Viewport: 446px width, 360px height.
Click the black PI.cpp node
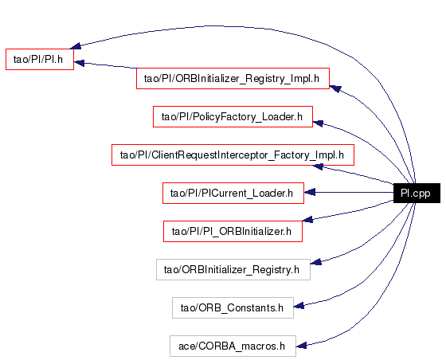pos(417,193)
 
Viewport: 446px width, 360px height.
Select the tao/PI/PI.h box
pos(40,59)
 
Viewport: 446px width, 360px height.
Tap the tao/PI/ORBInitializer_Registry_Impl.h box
pos(233,79)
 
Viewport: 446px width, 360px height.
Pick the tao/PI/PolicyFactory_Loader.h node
pos(233,116)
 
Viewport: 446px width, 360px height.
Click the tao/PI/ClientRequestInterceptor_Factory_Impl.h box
pos(233,155)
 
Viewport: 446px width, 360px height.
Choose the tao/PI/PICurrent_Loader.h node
pos(233,193)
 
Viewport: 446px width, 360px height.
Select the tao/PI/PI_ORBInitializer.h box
pos(233,232)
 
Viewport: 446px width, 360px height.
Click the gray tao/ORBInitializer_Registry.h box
pos(233,269)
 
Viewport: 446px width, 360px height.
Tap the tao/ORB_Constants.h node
pos(233,307)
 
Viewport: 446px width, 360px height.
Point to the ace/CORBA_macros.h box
pos(233,346)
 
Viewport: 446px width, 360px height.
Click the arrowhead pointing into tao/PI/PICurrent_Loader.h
pos(310,192)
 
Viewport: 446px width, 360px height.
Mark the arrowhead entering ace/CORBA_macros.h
pos(301,346)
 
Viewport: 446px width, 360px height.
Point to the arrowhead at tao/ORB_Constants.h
pos(299,306)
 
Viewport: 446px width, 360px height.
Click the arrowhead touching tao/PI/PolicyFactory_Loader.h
pos(318,123)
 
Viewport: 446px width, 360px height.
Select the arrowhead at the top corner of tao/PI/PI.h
pos(76,45)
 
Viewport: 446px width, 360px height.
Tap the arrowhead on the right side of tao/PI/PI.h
pos(79,63)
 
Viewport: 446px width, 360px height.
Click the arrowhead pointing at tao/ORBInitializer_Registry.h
pos(315,262)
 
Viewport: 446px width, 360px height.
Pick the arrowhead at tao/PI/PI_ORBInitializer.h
pos(307,219)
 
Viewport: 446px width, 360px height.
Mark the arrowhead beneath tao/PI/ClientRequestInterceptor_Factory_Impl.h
pos(318,167)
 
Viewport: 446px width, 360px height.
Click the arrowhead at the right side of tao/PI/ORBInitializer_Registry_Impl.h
pos(335,88)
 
